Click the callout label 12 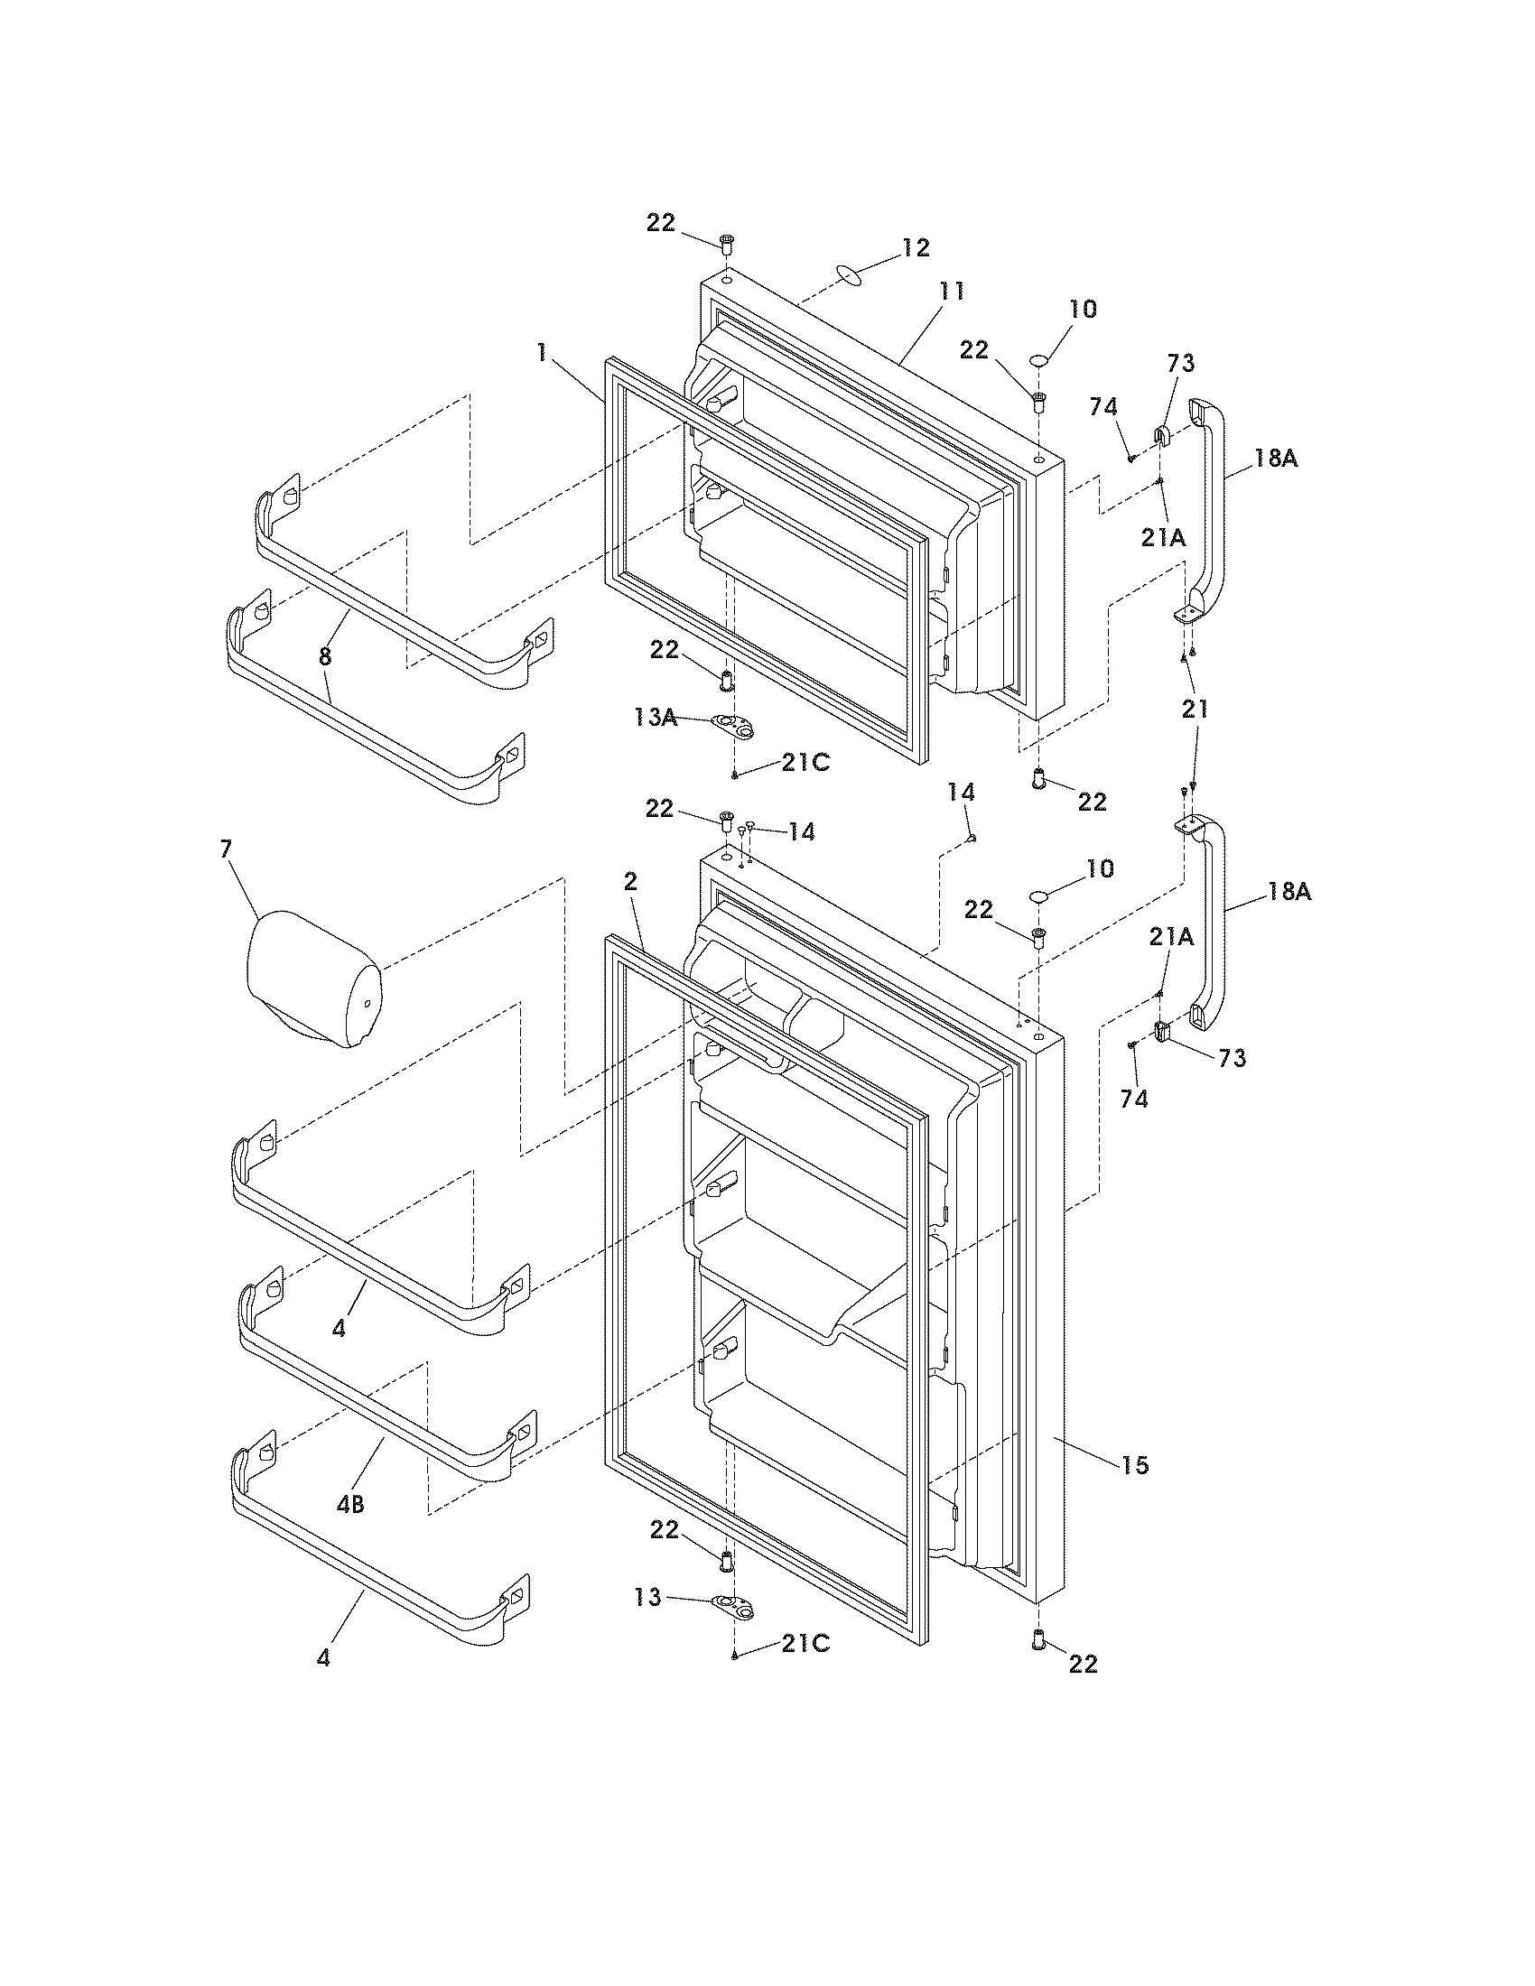[x=916, y=246]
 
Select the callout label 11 [x=951, y=291]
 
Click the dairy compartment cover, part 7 [x=312, y=979]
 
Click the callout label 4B [x=350, y=1505]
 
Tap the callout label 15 [x=1135, y=1465]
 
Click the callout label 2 [x=630, y=881]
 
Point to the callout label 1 [x=542, y=353]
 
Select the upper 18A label [x=1276, y=459]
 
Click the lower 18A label [x=1289, y=892]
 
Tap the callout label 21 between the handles [x=1194, y=710]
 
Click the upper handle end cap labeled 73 [x=1161, y=438]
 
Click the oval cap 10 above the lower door [x=1040, y=897]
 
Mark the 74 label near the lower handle [x=1134, y=1100]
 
